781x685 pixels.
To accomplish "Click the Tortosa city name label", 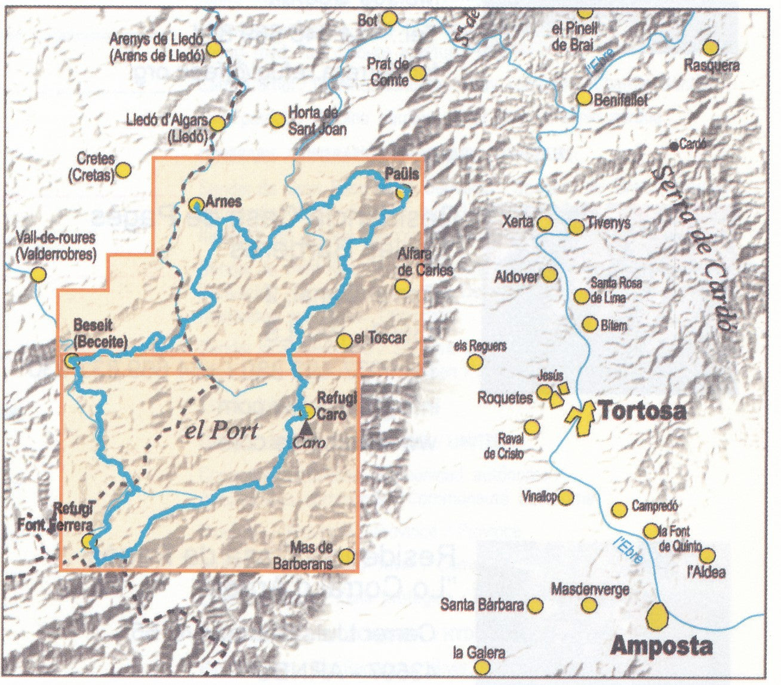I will (642, 411).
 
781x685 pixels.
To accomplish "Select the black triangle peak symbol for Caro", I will (306, 427).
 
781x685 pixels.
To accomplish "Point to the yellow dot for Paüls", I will (404, 192).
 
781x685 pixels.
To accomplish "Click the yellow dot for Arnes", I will (196, 204).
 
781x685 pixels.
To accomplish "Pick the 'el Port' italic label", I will (221, 431).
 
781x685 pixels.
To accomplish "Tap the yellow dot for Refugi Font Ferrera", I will (89, 541).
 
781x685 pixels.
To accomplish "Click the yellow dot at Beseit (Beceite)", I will (72, 360).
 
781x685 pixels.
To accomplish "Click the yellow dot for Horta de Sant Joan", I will (277, 121).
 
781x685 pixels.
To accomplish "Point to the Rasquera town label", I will (712, 66).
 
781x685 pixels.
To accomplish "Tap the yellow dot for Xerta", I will (545, 223).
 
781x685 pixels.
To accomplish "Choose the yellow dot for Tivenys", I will (576, 227).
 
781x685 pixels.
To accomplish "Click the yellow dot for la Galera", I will (482, 666).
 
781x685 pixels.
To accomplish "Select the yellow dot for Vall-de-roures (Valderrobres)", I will (39, 275).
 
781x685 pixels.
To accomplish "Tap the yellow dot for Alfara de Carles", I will (403, 286).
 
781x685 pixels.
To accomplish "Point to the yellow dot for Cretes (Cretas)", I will (123, 170).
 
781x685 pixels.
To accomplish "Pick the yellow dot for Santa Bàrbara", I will (536, 606).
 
